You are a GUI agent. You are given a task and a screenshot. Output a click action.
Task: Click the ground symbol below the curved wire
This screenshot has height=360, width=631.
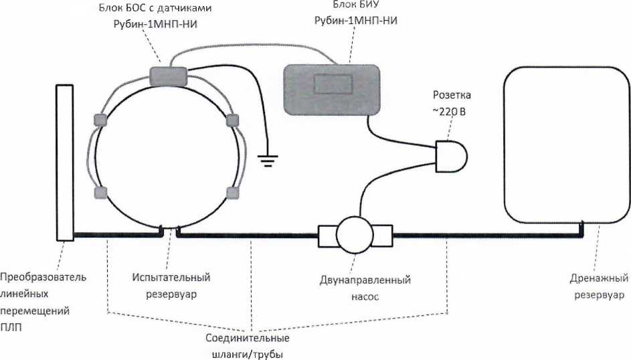(268, 161)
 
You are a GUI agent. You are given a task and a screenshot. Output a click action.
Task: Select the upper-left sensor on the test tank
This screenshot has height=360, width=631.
(101, 120)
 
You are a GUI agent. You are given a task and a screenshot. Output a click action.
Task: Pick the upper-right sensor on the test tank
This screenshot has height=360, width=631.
(232, 120)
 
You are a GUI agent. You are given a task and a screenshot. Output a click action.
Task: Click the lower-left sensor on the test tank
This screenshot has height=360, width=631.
(101, 193)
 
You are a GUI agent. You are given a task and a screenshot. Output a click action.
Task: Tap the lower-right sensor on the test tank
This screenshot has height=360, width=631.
(232, 193)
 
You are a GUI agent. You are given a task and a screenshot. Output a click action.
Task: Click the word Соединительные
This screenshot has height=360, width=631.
(243, 339)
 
